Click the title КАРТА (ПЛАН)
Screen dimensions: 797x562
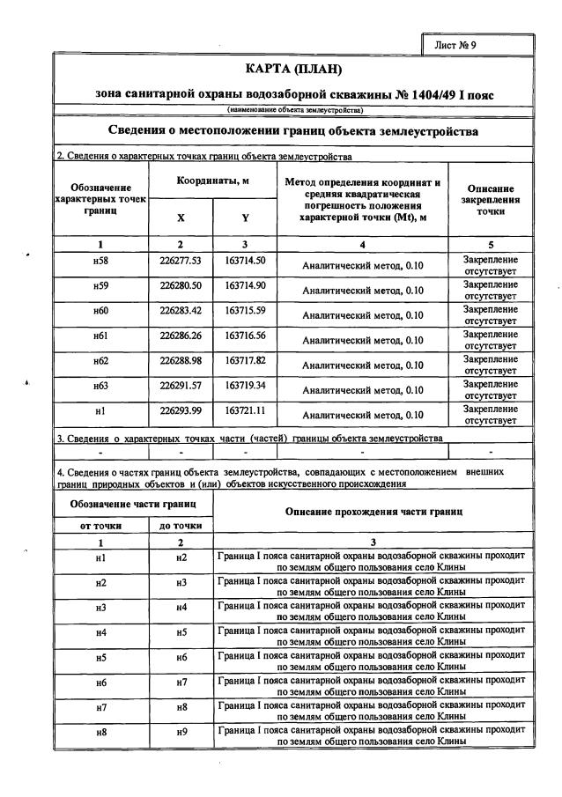(x=293, y=69)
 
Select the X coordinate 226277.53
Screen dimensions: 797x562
(x=181, y=261)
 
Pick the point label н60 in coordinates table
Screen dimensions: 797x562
(x=100, y=313)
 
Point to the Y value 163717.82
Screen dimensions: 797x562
(x=245, y=360)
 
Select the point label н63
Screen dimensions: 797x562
(x=100, y=387)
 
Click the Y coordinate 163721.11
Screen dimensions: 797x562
(x=245, y=410)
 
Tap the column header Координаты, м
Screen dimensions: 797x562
(x=212, y=181)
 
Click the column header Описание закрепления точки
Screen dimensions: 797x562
(x=491, y=200)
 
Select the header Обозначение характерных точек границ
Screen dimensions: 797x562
(x=100, y=200)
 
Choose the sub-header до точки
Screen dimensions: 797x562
(x=181, y=526)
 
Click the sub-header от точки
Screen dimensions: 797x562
(x=100, y=526)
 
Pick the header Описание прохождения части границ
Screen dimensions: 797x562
(x=373, y=512)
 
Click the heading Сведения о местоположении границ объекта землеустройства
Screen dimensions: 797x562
(x=293, y=131)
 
